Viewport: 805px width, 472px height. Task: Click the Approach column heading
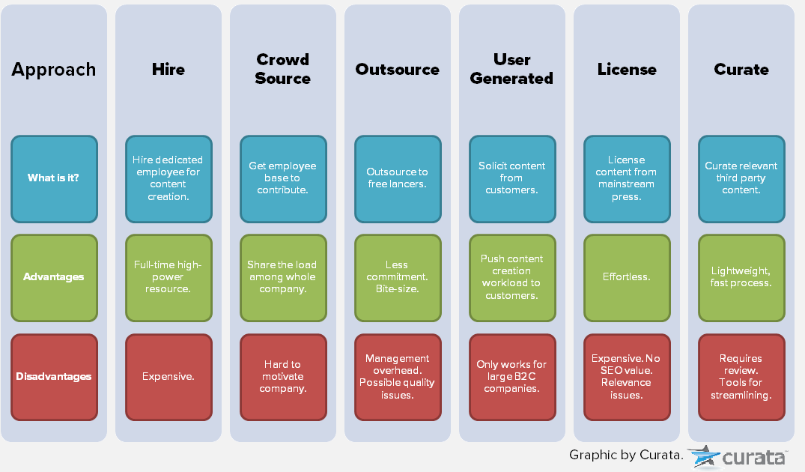(54, 70)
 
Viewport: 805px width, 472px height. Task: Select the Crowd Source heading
(283, 69)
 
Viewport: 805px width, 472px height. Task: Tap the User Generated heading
(512, 69)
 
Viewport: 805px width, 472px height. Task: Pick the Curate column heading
(741, 70)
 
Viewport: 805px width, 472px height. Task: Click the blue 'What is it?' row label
(54, 178)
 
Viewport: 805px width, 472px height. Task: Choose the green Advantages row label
(54, 277)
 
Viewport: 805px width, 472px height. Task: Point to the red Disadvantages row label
(54, 377)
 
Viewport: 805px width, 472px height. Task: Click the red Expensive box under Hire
(168, 377)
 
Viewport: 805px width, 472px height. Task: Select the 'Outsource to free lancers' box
(398, 178)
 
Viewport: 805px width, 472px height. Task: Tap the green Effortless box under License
(627, 277)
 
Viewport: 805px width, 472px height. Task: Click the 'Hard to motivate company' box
(283, 377)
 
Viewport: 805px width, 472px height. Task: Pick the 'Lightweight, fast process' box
(741, 277)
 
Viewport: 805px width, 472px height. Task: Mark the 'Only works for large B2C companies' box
(512, 377)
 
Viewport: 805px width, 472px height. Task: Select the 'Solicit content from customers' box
(512, 178)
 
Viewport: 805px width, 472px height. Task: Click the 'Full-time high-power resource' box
(168, 277)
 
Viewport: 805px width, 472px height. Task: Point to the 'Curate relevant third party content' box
(741, 178)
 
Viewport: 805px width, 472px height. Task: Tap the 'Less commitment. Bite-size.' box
(398, 277)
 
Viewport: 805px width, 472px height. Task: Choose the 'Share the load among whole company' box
(283, 277)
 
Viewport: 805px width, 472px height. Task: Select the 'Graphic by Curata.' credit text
(626, 455)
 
